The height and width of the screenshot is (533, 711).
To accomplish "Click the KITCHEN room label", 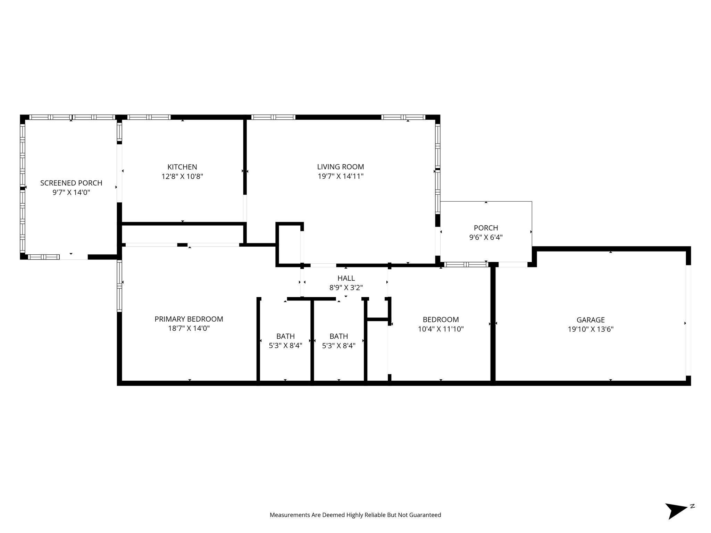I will (x=182, y=167).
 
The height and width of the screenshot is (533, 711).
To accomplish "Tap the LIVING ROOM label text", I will (x=340, y=167).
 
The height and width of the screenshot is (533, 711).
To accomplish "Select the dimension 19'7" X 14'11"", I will (x=340, y=176).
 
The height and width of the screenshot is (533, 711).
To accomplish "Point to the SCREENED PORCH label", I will (x=71, y=183).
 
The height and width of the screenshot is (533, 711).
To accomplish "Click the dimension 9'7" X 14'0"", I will (x=71, y=192).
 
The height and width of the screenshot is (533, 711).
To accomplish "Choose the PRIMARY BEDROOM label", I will (x=189, y=319).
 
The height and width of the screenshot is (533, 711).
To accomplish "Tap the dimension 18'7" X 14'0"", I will (x=189, y=328).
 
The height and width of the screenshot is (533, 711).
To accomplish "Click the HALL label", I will (x=346, y=278).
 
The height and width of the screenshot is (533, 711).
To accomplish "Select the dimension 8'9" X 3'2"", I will (x=346, y=287).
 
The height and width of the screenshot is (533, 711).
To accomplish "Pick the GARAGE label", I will (x=591, y=320).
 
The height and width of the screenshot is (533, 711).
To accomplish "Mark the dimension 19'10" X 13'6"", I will (x=591, y=329).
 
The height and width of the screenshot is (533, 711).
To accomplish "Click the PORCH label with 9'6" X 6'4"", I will (x=486, y=228).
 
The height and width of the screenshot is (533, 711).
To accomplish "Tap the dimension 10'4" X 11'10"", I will (x=441, y=329).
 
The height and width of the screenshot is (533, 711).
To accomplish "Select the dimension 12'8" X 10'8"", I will (x=182, y=176).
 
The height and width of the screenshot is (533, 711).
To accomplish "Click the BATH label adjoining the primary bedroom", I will (x=285, y=336).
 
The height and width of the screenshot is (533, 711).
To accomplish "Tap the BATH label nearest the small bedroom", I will (x=338, y=336).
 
